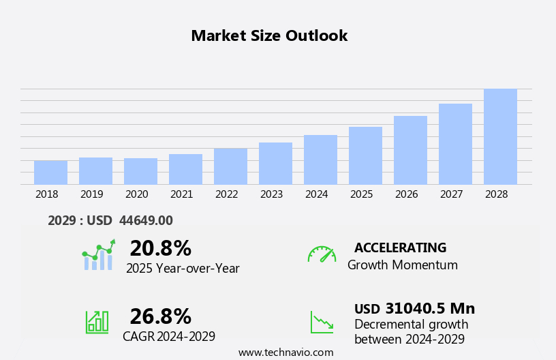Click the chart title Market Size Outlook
(269, 36)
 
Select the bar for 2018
(50, 172)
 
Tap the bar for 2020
(140, 171)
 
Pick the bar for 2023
(275, 164)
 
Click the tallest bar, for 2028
(500, 136)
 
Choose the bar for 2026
(410, 150)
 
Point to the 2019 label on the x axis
(91, 194)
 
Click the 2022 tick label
(226, 194)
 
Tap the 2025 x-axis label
(361, 194)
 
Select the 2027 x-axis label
(451, 194)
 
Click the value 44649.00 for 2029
(146, 220)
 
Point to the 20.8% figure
(160, 248)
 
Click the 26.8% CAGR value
(160, 316)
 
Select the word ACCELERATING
(400, 247)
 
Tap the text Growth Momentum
(402, 265)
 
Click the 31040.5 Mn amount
(430, 308)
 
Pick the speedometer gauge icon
(322, 254)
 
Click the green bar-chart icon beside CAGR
(97, 321)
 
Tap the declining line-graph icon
(322, 322)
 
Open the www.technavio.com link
(285, 352)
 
